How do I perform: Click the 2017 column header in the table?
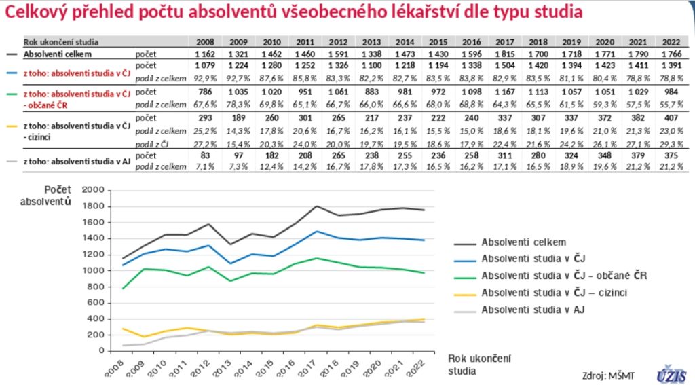pos(503,41)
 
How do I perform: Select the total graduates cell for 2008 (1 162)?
pos(206,53)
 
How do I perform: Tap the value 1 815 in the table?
pos(503,53)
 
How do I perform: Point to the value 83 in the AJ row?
pos(206,157)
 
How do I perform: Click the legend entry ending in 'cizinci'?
pos(554,293)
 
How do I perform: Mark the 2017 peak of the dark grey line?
pos(317,206)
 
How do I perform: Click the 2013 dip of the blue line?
pos(231,263)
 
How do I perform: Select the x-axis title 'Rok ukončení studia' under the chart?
pos(478,364)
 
